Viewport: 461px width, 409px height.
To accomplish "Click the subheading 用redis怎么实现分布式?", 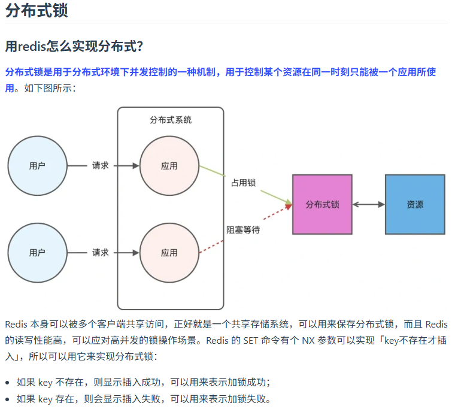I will click(x=74, y=46).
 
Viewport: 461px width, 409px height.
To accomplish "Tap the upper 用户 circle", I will click(x=37, y=166).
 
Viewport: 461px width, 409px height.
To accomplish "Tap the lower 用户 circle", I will click(x=37, y=253).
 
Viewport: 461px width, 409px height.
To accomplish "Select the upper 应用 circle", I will click(x=169, y=166).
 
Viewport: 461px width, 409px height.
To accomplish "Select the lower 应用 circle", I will click(x=169, y=253).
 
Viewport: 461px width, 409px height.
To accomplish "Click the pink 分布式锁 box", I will click(x=322, y=204).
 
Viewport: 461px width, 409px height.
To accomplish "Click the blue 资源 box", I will click(x=415, y=204).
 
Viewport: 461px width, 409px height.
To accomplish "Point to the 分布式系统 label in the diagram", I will click(x=171, y=120).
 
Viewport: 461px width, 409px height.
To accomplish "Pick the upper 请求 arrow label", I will click(x=101, y=166).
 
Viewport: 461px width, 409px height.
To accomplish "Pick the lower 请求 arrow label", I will click(x=101, y=253).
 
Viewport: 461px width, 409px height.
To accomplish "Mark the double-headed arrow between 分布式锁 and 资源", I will click(x=368, y=204).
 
